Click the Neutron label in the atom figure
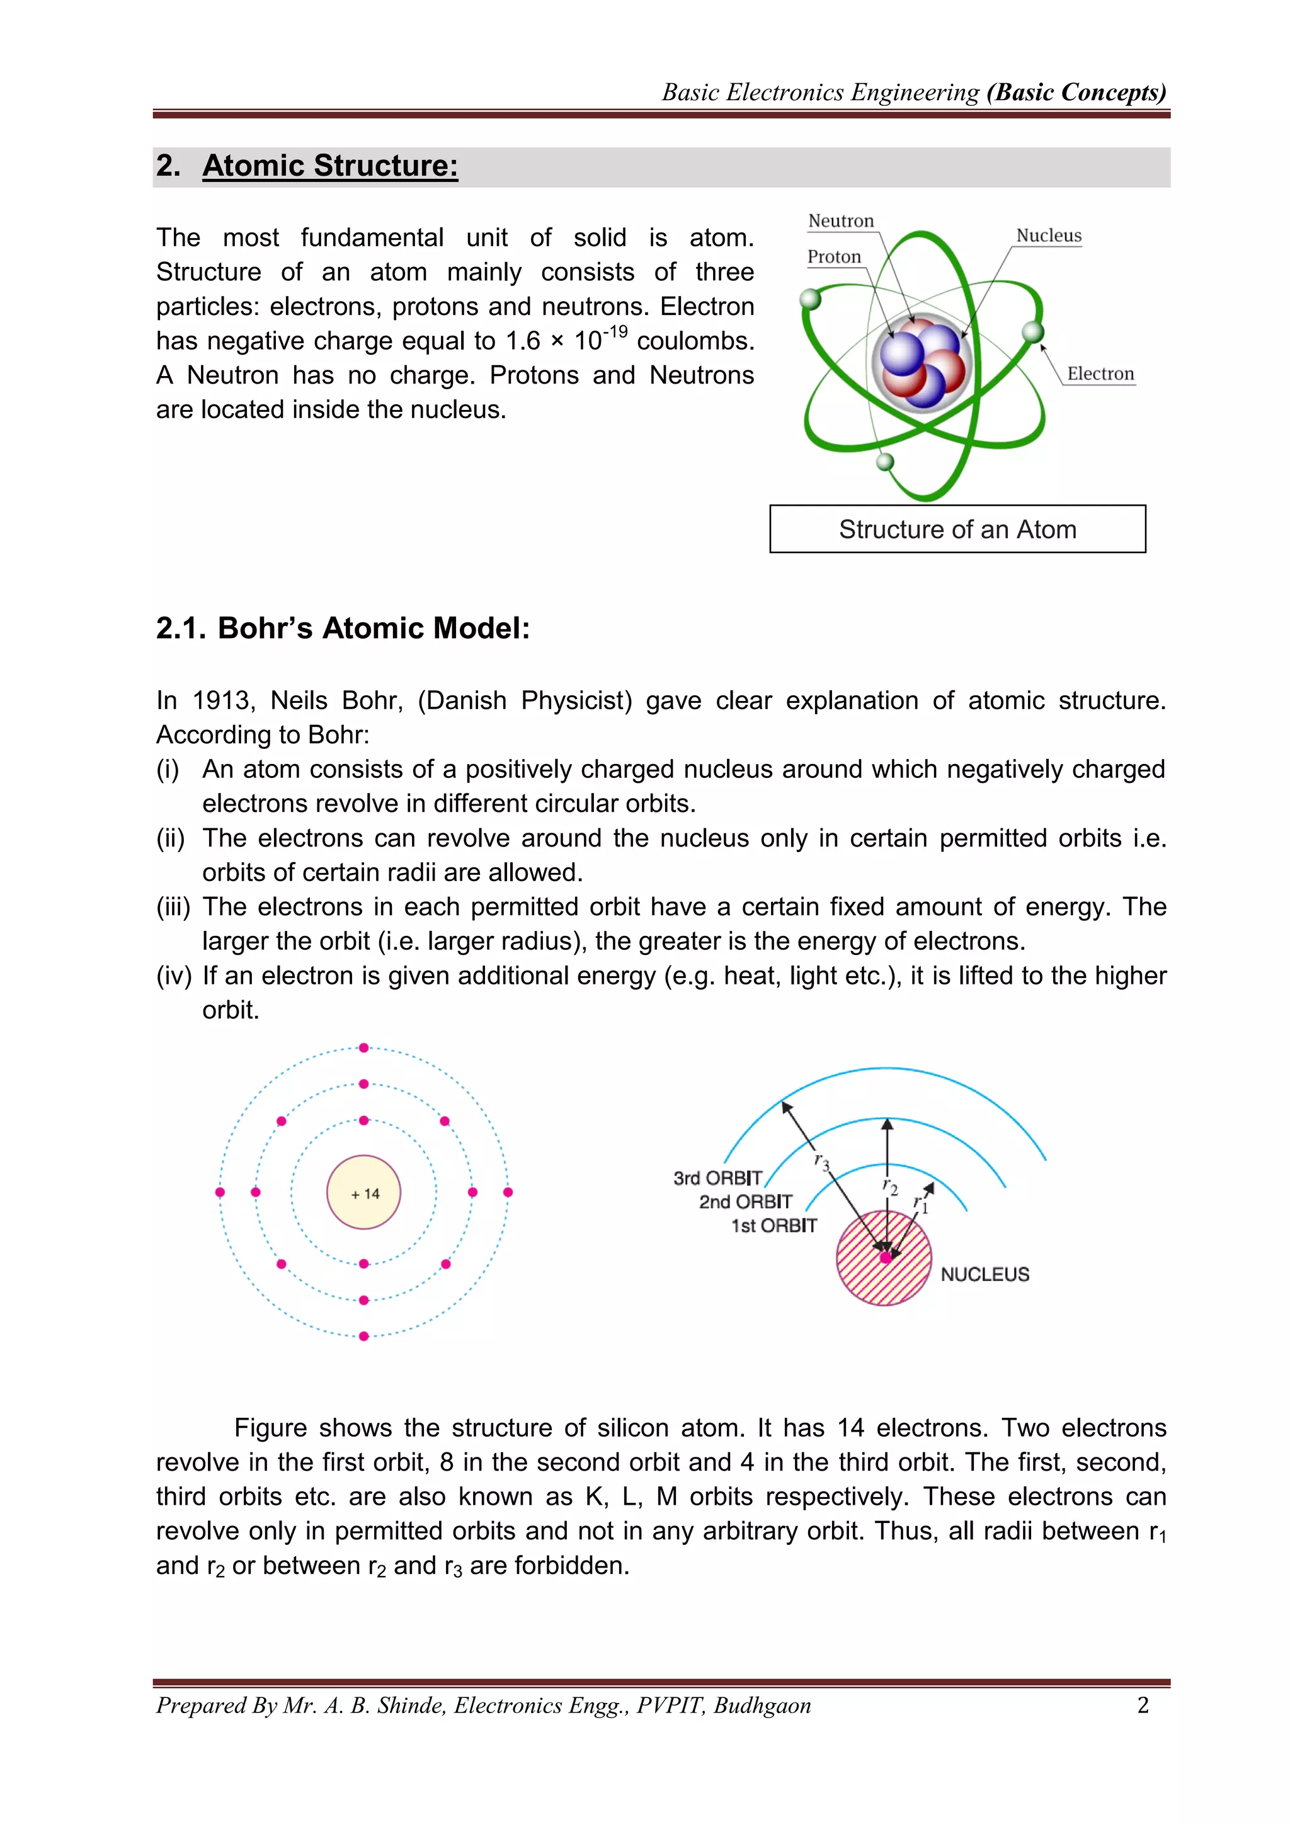pyautogui.click(x=840, y=221)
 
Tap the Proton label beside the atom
pyautogui.click(x=834, y=256)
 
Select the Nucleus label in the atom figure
pyautogui.click(x=1049, y=236)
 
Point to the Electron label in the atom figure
pyautogui.click(x=1100, y=374)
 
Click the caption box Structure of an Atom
pyautogui.click(x=957, y=529)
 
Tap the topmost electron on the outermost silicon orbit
pyautogui.click(x=364, y=1048)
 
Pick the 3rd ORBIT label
pyautogui.click(x=717, y=1178)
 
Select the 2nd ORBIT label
pyautogui.click(x=745, y=1202)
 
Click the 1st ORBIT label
pyautogui.click(x=773, y=1226)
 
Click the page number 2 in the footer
pyautogui.click(x=1143, y=1705)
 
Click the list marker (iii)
pyautogui.click(x=173, y=907)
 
